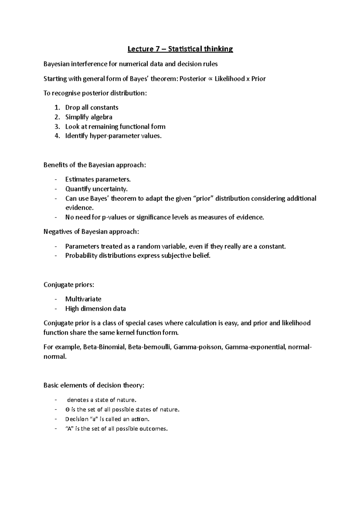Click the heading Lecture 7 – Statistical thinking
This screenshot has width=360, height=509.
coord(180,49)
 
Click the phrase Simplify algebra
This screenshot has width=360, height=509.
coord(89,117)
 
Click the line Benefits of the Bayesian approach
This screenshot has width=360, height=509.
coord(95,165)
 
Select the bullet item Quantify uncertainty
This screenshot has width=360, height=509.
coord(96,189)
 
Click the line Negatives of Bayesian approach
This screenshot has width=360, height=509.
coord(91,232)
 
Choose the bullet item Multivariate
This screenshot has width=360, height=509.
coord(83,299)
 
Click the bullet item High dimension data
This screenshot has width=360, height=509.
coord(95,308)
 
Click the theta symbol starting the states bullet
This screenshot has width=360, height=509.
coord(67,409)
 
